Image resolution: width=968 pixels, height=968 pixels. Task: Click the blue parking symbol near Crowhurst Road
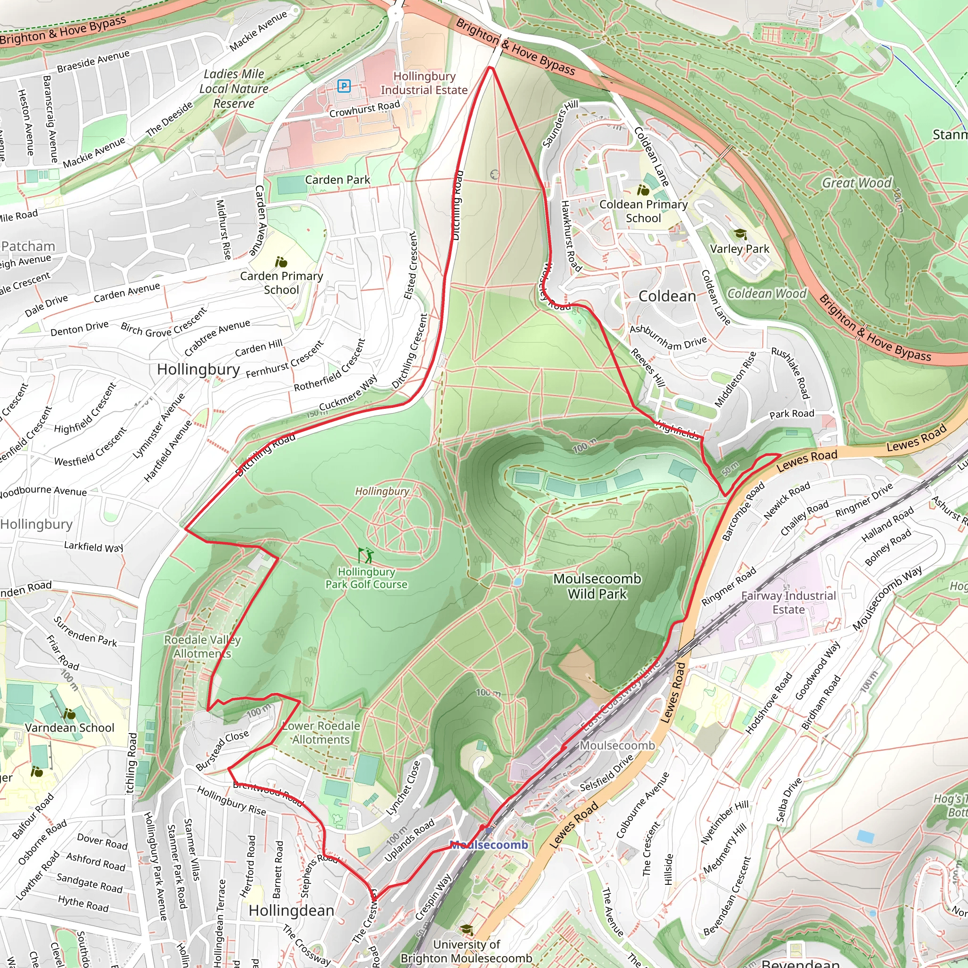344,86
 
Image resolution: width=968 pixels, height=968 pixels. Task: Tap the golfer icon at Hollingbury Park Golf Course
366,555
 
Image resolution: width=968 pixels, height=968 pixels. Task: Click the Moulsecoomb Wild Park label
597,586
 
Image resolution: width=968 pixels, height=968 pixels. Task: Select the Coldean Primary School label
643,211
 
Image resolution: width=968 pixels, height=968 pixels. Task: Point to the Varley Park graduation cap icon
740,234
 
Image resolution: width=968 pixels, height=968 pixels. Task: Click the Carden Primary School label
281,283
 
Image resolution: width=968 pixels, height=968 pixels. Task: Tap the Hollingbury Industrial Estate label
424,83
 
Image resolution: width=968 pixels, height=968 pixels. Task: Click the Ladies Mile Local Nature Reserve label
233,89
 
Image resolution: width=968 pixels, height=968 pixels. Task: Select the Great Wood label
856,183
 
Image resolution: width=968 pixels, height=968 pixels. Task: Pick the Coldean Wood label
767,294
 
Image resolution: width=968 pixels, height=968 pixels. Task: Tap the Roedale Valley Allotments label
202,646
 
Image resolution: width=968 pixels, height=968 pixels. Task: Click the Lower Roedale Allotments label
320,733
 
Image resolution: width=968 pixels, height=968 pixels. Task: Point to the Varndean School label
69,727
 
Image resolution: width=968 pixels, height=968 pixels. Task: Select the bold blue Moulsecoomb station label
489,845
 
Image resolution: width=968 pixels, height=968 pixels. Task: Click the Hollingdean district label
291,910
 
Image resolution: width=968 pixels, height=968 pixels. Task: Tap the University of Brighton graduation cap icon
466,930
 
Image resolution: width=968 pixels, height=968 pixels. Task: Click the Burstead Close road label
222,750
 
